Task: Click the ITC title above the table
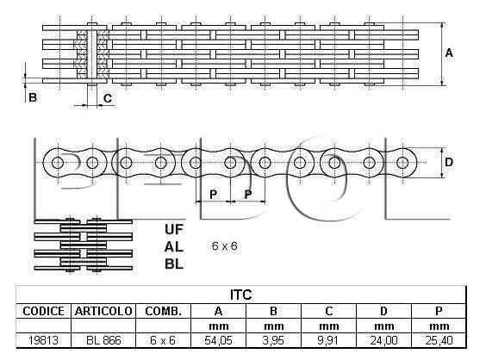pyautogui.click(x=240, y=295)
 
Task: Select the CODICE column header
pyautogui.click(x=43, y=311)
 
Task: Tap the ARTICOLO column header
pyautogui.click(x=103, y=311)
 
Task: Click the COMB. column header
pyautogui.click(x=163, y=311)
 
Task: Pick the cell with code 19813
pyautogui.click(x=43, y=340)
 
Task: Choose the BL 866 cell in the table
pyautogui.click(x=103, y=340)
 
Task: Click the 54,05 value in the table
pyautogui.click(x=218, y=340)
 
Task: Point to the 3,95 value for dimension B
pyautogui.click(x=273, y=340)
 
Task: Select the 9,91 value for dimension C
pyautogui.click(x=328, y=340)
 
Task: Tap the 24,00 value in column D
pyautogui.click(x=383, y=340)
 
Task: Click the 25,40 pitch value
pyautogui.click(x=439, y=340)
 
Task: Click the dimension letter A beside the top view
pyautogui.click(x=449, y=53)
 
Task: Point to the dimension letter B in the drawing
pyautogui.click(x=33, y=97)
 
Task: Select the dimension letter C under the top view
pyautogui.click(x=108, y=98)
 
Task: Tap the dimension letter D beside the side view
pyautogui.click(x=449, y=162)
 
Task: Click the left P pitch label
pyautogui.click(x=213, y=195)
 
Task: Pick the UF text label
pyautogui.click(x=174, y=230)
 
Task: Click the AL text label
pyautogui.click(x=174, y=247)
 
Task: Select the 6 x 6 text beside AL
pyautogui.click(x=224, y=246)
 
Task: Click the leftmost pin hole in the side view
pyautogui.click(x=58, y=162)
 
